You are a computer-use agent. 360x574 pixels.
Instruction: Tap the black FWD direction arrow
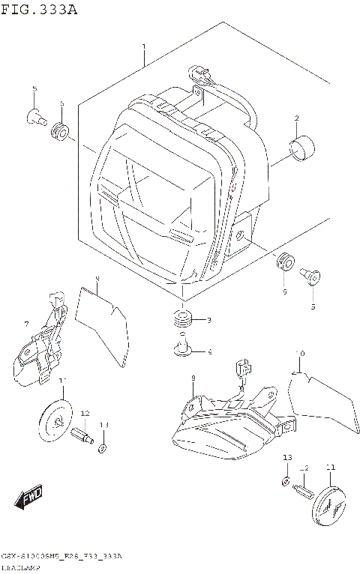(x=30, y=496)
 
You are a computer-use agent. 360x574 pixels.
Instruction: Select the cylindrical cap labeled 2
(x=304, y=149)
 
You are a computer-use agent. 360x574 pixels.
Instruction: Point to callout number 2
(x=297, y=118)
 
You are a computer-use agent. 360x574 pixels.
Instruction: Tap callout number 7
(x=26, y=324)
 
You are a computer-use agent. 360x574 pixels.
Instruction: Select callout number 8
(x=193, y=378)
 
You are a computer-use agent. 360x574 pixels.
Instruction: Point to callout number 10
(x=299, y=353)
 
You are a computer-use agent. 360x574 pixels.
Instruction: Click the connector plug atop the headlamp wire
(x=197, y=73)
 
